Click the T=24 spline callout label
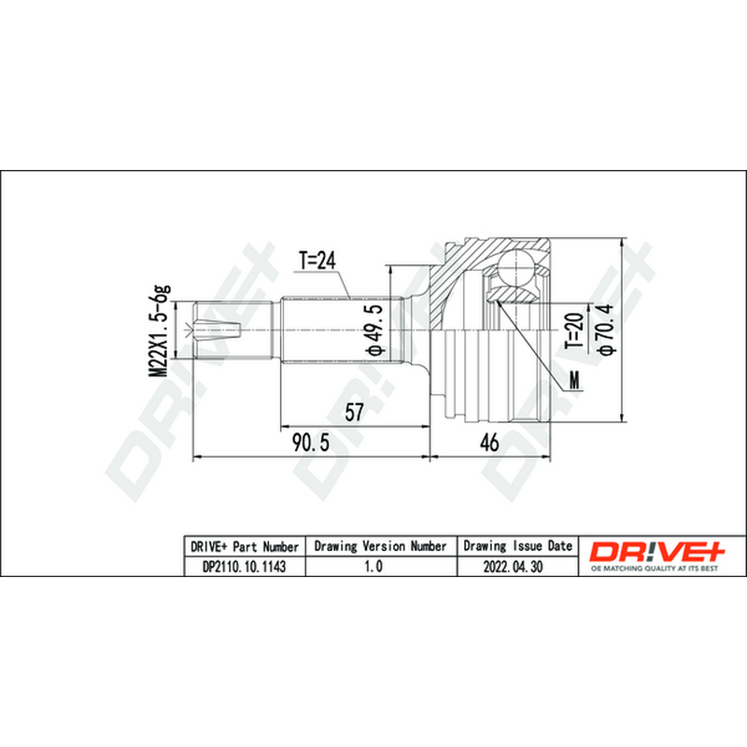[x=317, y=261]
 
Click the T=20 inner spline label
[x=574, y=331]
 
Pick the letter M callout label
[x=575, y=381]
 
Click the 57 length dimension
[x=354, y=412]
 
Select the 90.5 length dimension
[x=311, y=443]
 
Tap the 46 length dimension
[x=489, y=443]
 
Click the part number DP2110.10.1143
[x=245, y=567]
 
